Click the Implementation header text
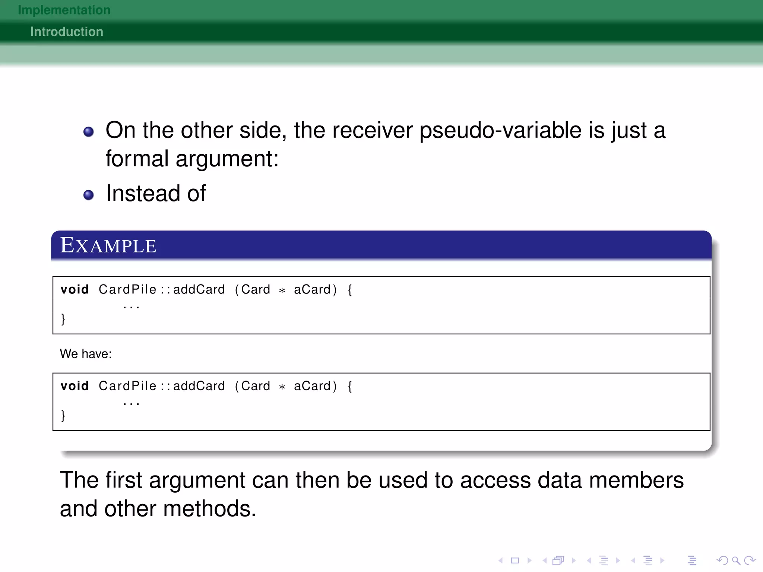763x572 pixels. [x=64, y=10]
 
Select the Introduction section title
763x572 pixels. [x=67, y=32]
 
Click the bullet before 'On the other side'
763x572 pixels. [x=89, y=132]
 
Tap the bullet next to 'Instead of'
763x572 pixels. [x=89, y=195]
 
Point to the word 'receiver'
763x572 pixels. [x=373, y=131]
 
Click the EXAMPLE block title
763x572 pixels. [x=108, y=246]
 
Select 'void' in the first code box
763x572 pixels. [x=75, y=289]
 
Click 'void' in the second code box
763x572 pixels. [x=75, y=386]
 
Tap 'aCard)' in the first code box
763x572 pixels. [x=316, y=289]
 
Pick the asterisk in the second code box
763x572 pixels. [x=282, y=387]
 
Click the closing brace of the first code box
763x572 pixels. [x=63, y=319]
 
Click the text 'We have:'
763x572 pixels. [x=86, y=354]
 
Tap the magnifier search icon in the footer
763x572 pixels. [x=736, y=560]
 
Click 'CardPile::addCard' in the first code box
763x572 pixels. [x=162, y=289]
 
